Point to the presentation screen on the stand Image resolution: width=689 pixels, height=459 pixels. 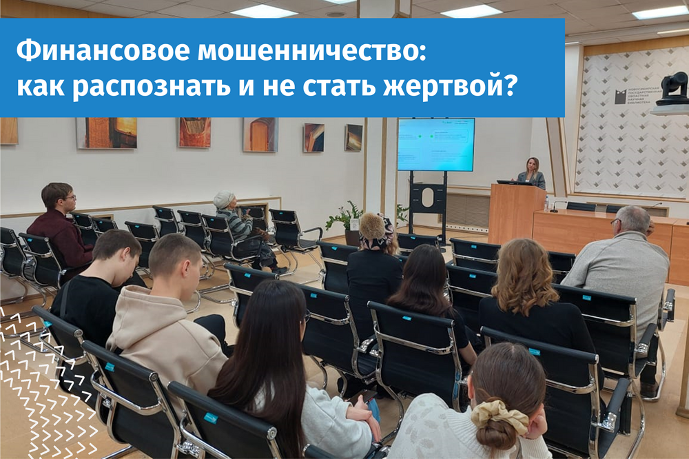[435, 145]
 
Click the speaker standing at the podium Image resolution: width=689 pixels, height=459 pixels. [532, 172]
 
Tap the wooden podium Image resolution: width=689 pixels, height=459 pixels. [515, 214]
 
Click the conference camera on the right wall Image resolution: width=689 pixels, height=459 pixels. [672, 90]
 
